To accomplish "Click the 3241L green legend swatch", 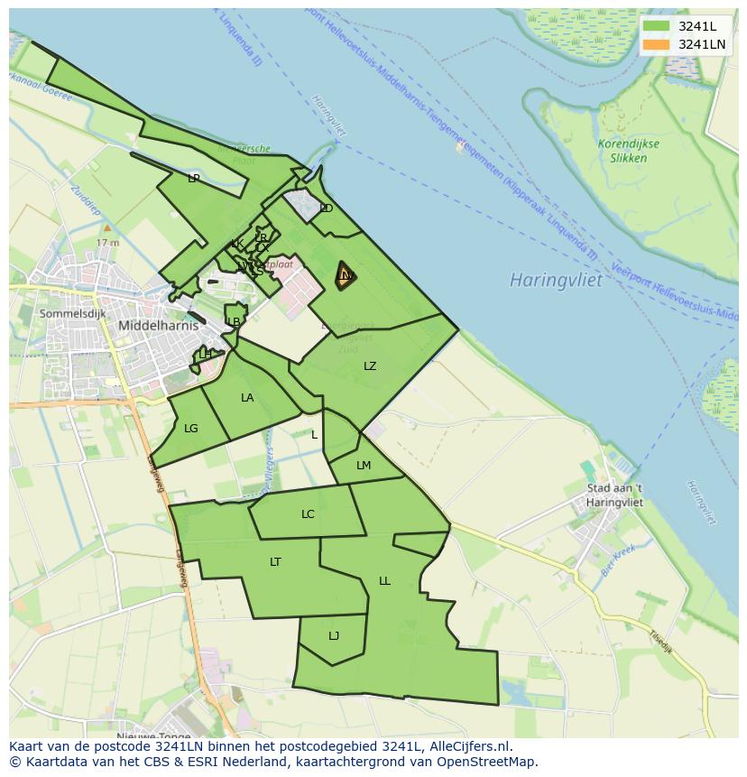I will click(657, 26).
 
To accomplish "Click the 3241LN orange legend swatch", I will click(657, 44).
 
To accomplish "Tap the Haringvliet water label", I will click(555, 280).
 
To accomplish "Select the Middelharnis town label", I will click(159, 325).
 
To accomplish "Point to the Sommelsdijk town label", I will click(72, 313).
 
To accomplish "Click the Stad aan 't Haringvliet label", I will click(614, 495).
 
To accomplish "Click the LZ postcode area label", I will click(370, 365).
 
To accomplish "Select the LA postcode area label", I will click(247, 398).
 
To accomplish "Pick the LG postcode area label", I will click(190, 429).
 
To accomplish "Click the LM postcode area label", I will click(364, 466).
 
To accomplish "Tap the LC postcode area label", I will click(308, 514).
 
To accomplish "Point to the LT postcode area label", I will click(275, 562).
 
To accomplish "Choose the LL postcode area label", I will click(384, 581).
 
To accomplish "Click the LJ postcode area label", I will click(334, 636).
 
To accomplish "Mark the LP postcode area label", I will click(193, 179).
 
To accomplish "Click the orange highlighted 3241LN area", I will click(345, 276).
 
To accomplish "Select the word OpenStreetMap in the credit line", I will click(491, 762).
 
